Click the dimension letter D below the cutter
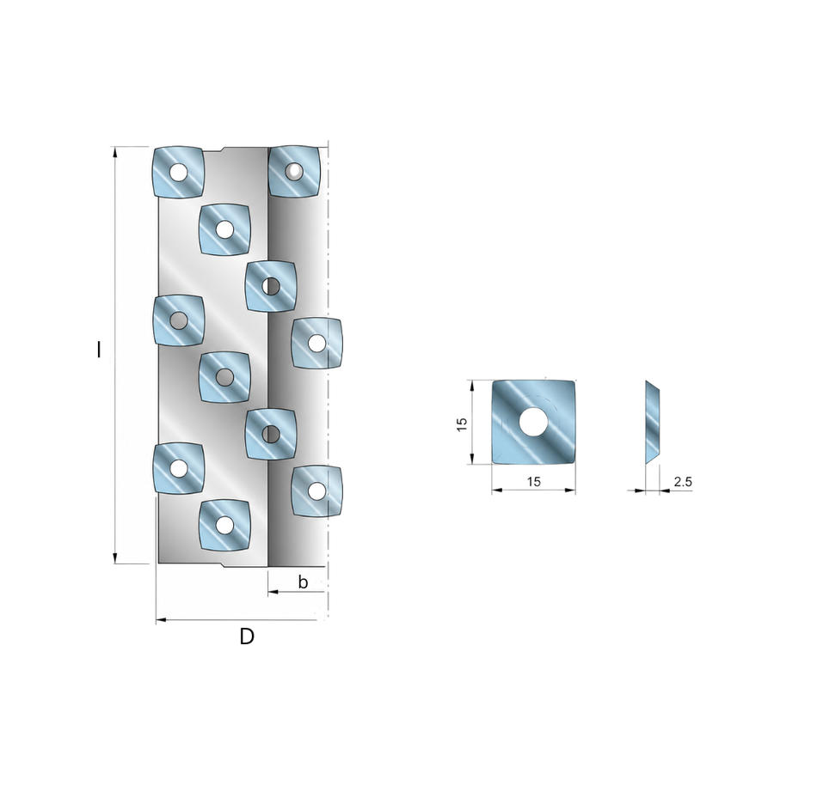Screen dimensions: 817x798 tap(247, 637)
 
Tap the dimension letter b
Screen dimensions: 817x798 tap(303, 582)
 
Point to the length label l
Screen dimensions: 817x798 tap(99, 350)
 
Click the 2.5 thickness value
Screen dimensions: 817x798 tap(683, 482)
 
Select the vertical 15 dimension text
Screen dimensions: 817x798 tap(462, 423)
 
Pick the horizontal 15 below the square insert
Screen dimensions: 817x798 tap(533, 482)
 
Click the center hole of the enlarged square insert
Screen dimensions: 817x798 tap(532, 421)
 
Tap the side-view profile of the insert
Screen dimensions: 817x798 tap(653, 422)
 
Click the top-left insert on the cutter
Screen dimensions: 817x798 tap(178, 172)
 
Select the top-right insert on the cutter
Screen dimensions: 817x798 tap(294, 171)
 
